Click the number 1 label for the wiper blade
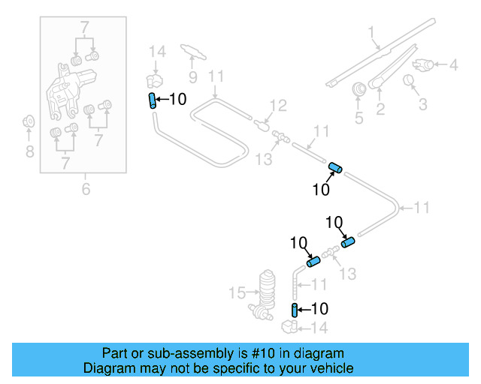[371, 32]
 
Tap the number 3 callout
[423, 103]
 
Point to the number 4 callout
[453, 65]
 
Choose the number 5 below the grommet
[358, 117]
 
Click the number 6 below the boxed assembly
[86, 189]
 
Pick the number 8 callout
[29, 152]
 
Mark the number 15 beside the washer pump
[237, 291]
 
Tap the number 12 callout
[278, 105]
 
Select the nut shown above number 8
[29, 121]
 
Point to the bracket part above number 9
[192, 50]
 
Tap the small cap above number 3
[410, 80]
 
